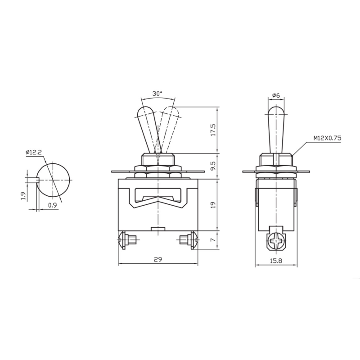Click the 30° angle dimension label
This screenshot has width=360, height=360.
pos(157,94)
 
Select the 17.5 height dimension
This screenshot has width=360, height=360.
pos(213,130)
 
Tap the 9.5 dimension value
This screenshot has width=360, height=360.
pos(213,166)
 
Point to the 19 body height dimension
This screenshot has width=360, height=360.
pos(213,205)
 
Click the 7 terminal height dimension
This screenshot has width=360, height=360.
pos(213,240)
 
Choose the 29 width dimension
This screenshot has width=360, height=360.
pos(158,259)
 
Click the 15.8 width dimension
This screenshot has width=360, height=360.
pos(276,261)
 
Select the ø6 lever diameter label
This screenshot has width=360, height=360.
pos(276,95)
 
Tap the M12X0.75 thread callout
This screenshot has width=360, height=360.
pos(328,138)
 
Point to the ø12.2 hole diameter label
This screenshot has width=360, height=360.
pos(34,152)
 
